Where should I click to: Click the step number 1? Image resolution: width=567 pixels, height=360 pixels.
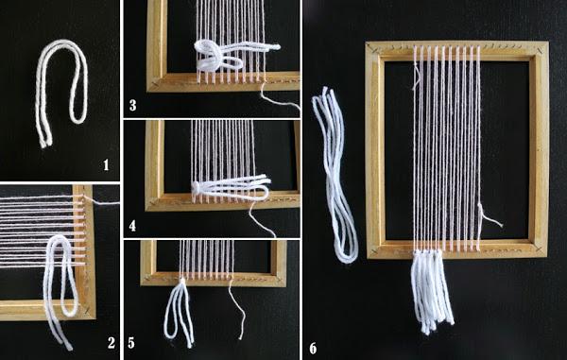click(106, 165)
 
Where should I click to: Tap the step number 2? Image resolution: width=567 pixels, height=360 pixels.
click(111, 343)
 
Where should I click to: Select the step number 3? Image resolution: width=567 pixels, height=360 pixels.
click(132, 105)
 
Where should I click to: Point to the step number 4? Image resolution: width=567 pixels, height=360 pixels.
click(132, 226)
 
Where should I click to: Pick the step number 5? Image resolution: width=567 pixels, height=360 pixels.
click(131, 343)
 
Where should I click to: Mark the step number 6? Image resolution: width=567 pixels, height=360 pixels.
click(313, 349)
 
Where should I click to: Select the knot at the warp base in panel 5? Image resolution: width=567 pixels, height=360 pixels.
click(183, 281)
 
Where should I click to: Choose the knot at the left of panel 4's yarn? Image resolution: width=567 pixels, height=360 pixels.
click(196, 187)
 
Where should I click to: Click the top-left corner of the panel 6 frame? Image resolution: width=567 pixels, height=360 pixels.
click(366, 42)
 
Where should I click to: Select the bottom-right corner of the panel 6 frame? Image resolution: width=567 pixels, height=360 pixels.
click(547, 256)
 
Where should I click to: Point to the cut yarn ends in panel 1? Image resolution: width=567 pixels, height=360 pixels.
click(44, 143)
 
